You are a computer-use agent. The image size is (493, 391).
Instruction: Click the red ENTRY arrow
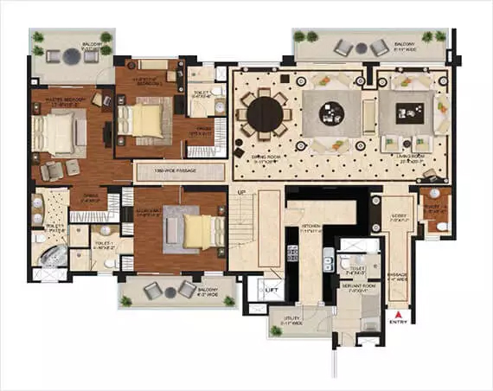pos(398,315)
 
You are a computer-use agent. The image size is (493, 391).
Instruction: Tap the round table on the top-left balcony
pos(70,56)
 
